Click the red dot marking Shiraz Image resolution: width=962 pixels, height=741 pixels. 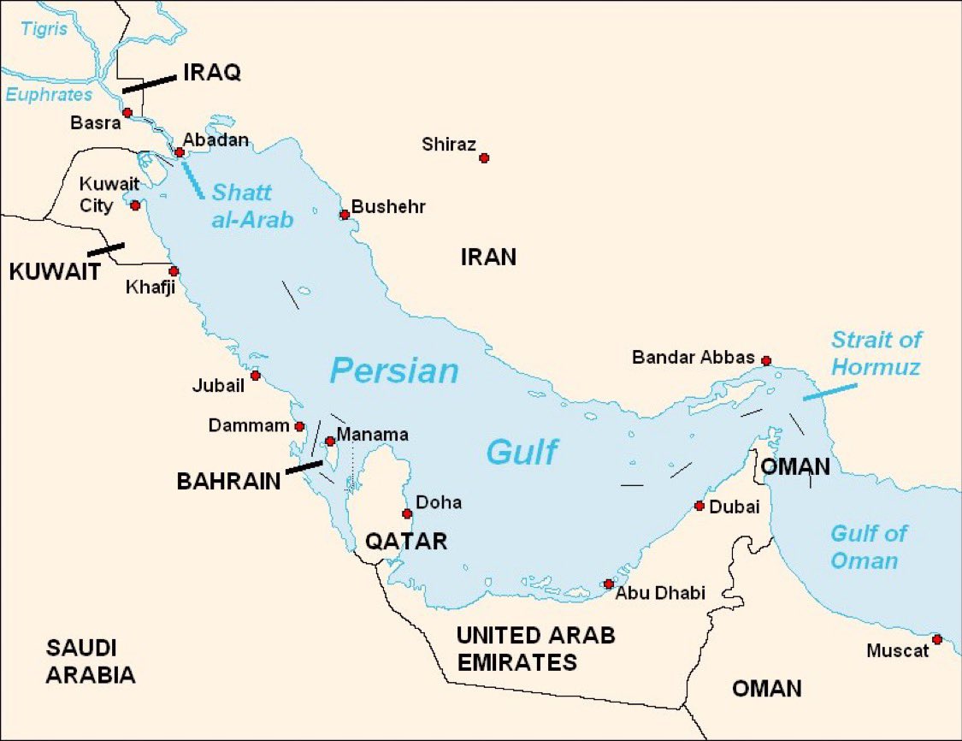pyautogui.click(x=484, y=157)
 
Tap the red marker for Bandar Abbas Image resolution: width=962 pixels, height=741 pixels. pyautogui.click(x=766, y=360)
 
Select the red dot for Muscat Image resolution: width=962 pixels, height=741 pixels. pyautogui.click(x=937, y=639)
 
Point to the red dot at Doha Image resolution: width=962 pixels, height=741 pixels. pyautogui.click(x=407, y=513)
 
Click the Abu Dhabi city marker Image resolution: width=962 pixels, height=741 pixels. pyautogui.click(x=608, y=584)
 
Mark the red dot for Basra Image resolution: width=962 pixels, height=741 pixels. pyautogui.click(x=127, y=112)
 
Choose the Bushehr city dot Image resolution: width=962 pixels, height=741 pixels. pyautogui.click(x=345, y=214)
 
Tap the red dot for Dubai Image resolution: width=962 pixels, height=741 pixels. pyautogui.click(x=699, y=506)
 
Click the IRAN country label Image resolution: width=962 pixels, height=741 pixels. pyautogui.click(x=488, y=257)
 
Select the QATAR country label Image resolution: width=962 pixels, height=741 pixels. pyautogui.click(x=406, y=542)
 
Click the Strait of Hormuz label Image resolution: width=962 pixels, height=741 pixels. pyautogui.click(x=876, y=353)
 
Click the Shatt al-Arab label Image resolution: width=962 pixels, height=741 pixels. pyautogui.click(x=252, y=205)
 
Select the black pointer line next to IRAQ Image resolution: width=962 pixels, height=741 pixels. pyautogui.click(x=149, y=83)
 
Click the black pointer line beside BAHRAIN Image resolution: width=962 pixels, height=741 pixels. pyautogui.click(x=304, y=466)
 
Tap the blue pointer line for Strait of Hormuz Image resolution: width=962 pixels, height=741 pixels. pyautogui.click(x=829, y=392)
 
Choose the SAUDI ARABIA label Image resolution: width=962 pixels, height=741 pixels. pyautogui.click(x=91, y=661)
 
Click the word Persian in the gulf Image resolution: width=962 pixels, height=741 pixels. pyautogui.click(x=394, y=370)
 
